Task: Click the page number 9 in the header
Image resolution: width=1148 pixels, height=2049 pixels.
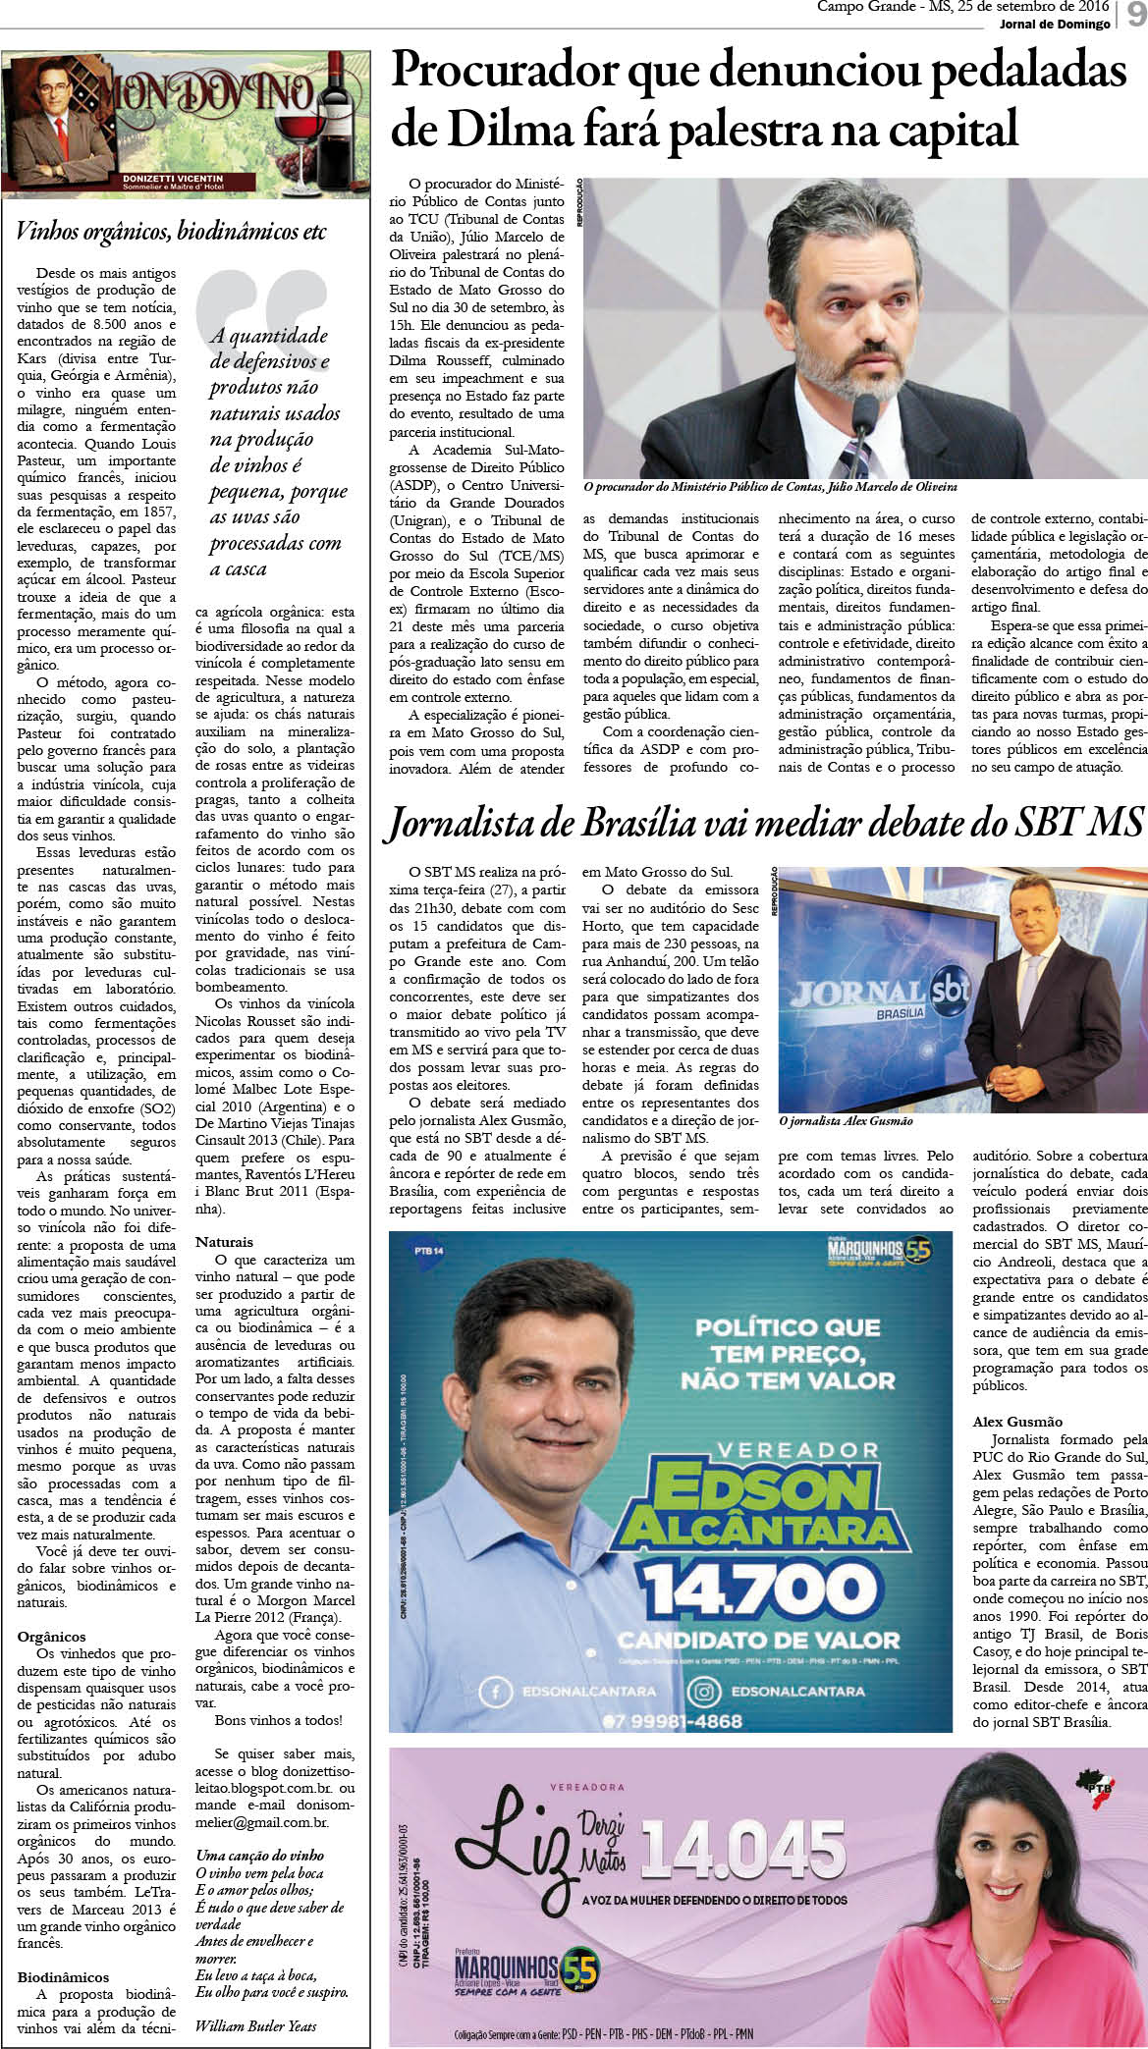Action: [x=1135, y=17]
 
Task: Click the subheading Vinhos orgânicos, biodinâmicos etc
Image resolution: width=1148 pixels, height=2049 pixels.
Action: [x=171, y=233]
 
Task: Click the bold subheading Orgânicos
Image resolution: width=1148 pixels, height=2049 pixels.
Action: [x=51, y=1637]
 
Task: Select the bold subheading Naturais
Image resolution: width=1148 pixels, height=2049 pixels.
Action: [x=224, y=1241]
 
